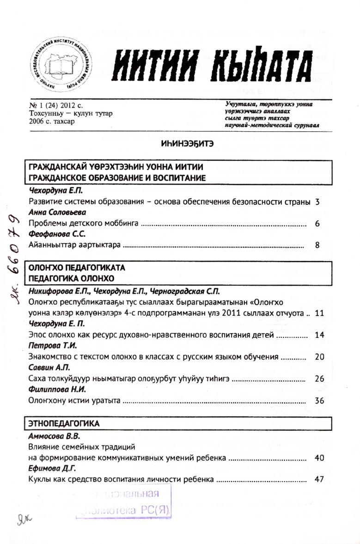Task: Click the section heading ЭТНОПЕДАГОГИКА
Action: click(x=64, y=423)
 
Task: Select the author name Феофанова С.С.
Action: click(x=54, y=234)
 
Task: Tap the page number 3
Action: click(x=317, y=202)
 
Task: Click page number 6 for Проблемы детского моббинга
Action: click(x=317, y=224)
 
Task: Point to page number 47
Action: click(x=319, y=479)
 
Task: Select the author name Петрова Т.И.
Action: click(x=52, y=346)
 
